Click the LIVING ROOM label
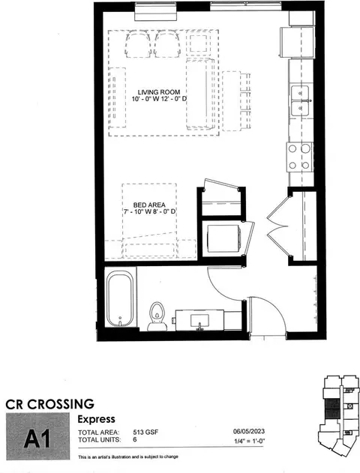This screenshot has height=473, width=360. pos(159,92)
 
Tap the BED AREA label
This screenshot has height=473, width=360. pos(149,205)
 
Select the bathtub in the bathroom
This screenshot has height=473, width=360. pos(120,298)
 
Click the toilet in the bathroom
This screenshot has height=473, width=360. pos(157,316)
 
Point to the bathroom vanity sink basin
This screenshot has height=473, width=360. pos(199,320)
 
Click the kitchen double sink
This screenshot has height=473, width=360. pos(300,100)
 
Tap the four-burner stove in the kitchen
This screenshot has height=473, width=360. pos(300,157)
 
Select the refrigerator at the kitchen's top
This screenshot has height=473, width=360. pos(298,42)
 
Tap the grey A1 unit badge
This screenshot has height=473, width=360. pos(37,436)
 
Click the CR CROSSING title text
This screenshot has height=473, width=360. pos(50,404)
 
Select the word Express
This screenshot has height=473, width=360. pos(96,419)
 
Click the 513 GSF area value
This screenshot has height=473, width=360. pos(145,433)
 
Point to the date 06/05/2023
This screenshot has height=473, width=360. pos(249,431)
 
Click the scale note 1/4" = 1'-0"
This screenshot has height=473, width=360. pos(249,441)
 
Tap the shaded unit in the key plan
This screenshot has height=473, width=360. pos(332,409)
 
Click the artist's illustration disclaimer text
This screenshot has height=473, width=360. pos(128,457)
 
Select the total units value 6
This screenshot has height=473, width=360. pos(134,439)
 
